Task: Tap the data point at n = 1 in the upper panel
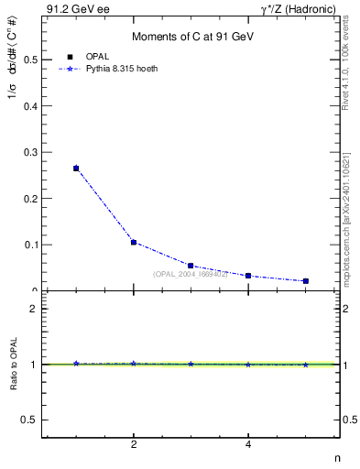click(76, 169)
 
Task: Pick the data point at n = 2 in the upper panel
click(134, 243)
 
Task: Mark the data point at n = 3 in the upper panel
click(191, 266)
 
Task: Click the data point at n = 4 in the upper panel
click(248, 276)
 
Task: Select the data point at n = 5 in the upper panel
click(305, 281)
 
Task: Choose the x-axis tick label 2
click(134, 445)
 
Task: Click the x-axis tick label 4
click(248, 445)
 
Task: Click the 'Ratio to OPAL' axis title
click(13, 366)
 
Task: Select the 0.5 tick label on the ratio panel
click(28, 420)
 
